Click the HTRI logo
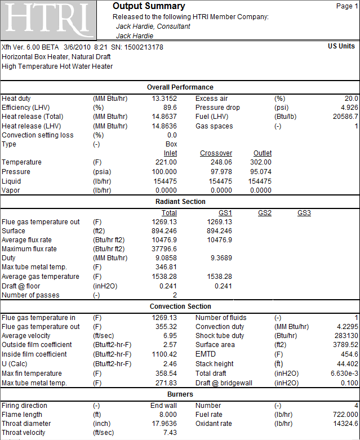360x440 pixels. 48,20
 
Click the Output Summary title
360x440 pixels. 149,6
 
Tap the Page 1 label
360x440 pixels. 347,6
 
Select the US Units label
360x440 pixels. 341,46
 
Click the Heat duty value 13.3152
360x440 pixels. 165,99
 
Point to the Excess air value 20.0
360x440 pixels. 352,99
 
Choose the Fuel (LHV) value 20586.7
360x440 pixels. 345,117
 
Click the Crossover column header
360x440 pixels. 216,153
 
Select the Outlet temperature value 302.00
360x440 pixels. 261,162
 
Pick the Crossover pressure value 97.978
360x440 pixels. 221,172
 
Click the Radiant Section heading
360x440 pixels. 180,202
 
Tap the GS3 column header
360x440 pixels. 304,213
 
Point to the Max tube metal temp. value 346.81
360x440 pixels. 166,267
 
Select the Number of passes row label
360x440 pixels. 30,295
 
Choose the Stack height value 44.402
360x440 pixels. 348,364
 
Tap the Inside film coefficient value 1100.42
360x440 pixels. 165,354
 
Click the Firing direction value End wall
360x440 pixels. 163,406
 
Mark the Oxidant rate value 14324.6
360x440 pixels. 345,424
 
